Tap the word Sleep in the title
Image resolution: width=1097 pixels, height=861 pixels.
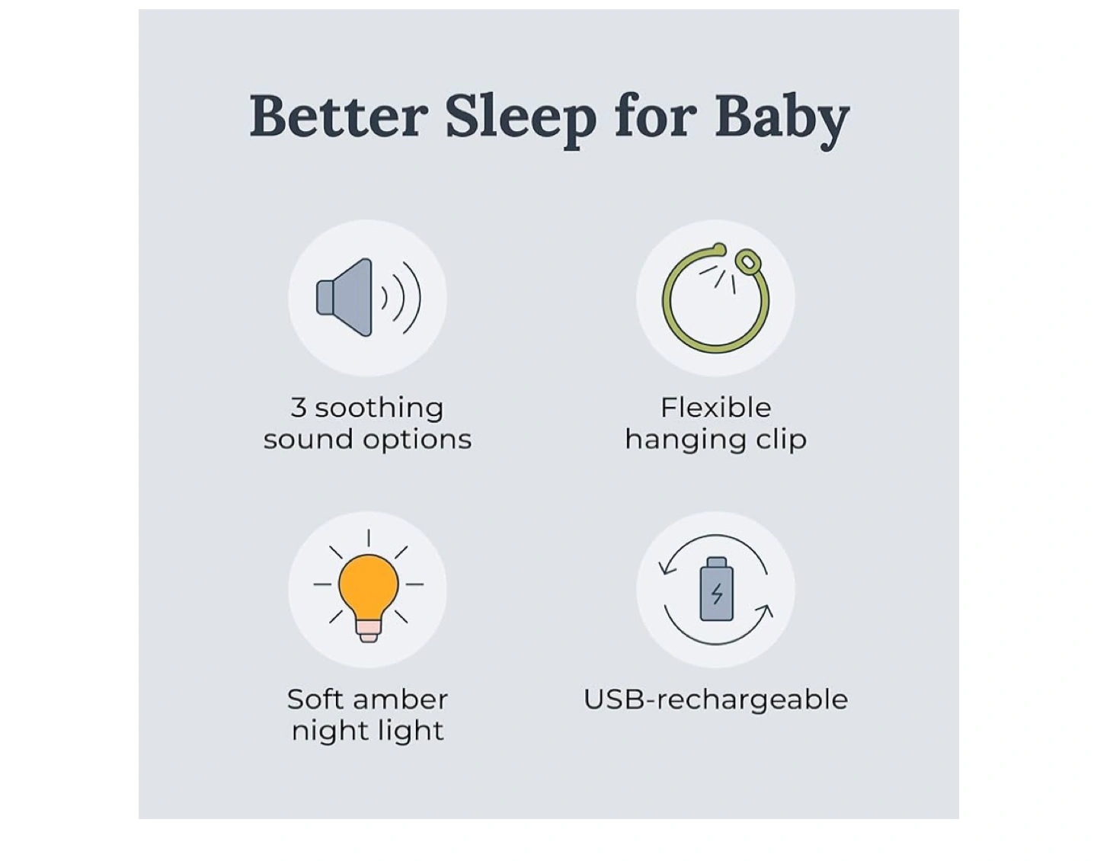(521, 121)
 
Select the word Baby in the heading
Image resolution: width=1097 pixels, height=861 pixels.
(782, 121)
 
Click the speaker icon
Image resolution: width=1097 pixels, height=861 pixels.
(368, 297)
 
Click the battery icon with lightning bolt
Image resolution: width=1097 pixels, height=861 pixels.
(716, 588)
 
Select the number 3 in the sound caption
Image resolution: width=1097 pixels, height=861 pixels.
(299, 408)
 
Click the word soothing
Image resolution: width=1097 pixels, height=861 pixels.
(379, 408)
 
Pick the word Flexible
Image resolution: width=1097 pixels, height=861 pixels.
(716, 408)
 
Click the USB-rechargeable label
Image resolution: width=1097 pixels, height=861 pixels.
(716, 700)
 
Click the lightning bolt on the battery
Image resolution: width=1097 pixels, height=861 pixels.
(716, 594)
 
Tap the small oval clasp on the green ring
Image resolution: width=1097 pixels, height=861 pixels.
(747, 260)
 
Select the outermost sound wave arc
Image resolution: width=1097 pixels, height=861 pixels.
(413, 297)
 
